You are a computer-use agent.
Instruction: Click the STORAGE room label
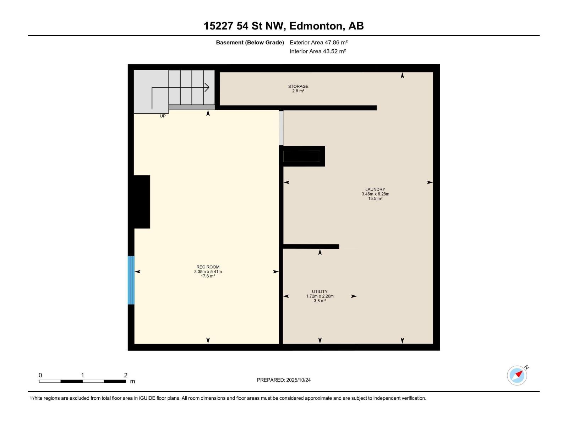[x=298, y=86]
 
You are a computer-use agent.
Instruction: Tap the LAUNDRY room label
[x=375, y=190]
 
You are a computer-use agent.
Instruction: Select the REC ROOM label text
[x=208, y=267]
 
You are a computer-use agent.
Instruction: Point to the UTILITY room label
[x=320, y=291]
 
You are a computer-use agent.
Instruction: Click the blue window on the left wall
[x=131, y=280]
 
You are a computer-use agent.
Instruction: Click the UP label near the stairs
[x=163, y=116]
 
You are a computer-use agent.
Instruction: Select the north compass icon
[x=517, y=375]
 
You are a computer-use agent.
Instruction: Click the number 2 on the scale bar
[x=126, y=375]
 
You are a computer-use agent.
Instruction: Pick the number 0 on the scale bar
[x=40, y=375]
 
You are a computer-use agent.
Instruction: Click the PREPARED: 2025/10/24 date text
[x=284, y=380]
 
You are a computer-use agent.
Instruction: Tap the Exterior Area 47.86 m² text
[x=318, y=42]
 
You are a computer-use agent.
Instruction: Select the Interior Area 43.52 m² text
[x=318, y=51]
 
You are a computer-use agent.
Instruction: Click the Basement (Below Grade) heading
[x=250, y=43]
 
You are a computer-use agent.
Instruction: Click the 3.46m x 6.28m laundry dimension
[x=375, y=194]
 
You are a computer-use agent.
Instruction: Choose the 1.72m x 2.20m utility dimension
[x=320, y=296]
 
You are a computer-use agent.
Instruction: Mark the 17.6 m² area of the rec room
[x=208, y=276]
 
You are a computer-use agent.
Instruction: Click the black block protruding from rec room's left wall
[x=142, y=202]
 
